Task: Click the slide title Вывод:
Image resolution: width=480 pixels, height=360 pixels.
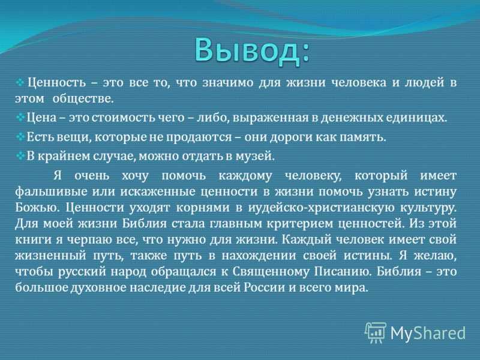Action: tap(252, 51)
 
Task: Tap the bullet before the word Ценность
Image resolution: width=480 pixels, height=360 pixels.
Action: tap(20, 82)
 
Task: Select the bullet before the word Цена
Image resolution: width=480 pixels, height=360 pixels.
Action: tap(20, 117)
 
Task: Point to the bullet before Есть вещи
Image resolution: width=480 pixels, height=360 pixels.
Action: tap(20, 136)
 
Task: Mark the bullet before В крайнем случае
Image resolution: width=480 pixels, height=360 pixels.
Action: tap(20, 156)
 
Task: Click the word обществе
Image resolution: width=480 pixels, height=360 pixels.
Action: tap(83, 98)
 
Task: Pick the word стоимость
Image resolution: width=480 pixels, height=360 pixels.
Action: tap(124, 118)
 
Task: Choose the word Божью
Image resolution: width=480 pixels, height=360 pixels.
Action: tap(37, 208)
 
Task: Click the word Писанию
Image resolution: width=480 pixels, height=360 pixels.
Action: tap(343, 271)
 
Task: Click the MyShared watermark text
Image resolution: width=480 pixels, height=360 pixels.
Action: tap(428, 333)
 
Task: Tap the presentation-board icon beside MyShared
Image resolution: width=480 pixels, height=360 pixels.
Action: tap(376, 332)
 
